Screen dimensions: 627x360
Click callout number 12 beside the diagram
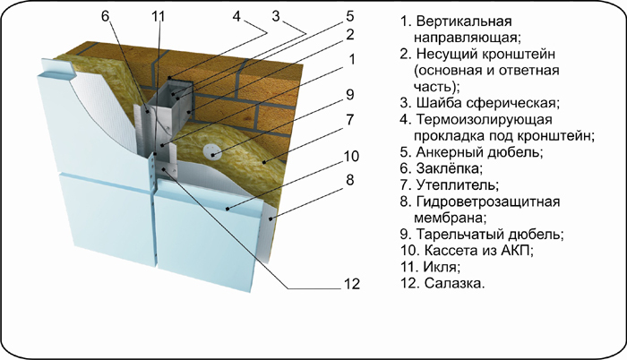tap(352, 284)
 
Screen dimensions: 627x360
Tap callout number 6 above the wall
tap(105, 16)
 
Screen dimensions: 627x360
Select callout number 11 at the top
tap(158, 16)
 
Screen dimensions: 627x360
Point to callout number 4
tap(236, 16)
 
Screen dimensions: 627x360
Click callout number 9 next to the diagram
tap(350, 94)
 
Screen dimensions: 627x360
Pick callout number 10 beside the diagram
tap(351, 156)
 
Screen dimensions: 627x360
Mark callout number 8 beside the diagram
tap(350, 180)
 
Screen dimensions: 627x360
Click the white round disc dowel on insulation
tap(212, 151)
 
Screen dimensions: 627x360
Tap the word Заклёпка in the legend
tap(449, 168)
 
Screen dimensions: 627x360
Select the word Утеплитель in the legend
tap(458, 184)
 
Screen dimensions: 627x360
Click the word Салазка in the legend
tap(454, 284)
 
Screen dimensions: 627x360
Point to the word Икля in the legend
tap(441, 267)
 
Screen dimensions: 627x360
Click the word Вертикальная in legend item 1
tap(463, 21)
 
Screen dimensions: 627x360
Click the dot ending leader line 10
tap(228, 209)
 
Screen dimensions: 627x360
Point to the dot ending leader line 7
tap(264, 162)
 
